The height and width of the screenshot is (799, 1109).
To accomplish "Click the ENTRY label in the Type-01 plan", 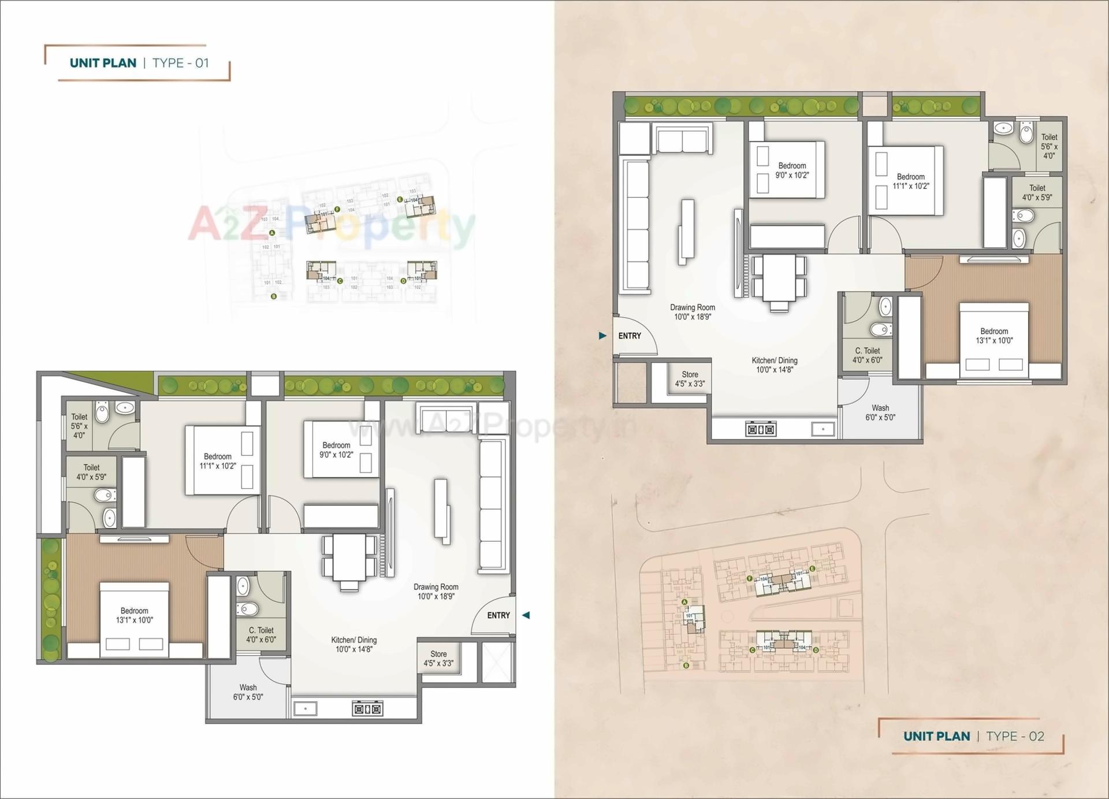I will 498,615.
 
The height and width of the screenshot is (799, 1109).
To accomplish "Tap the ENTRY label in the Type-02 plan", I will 630,336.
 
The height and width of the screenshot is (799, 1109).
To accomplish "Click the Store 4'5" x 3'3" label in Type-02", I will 690,379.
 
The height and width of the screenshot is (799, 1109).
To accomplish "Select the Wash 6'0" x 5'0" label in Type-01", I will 248,692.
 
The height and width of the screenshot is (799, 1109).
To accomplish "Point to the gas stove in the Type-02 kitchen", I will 761,429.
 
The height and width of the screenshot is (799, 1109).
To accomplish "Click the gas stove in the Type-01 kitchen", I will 367,708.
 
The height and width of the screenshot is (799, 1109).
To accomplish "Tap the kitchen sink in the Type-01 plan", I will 305,708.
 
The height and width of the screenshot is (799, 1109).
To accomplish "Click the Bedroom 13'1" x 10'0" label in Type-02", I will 994,336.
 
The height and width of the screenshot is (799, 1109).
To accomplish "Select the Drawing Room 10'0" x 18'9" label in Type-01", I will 436,591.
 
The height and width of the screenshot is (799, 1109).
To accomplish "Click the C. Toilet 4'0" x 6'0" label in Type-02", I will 868,355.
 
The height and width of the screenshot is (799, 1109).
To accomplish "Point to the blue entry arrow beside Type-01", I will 526,615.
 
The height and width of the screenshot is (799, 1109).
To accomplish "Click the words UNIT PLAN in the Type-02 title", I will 936,736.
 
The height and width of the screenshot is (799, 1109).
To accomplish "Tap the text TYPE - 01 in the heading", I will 180,63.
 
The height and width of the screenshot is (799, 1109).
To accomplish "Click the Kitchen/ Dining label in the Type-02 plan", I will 775,365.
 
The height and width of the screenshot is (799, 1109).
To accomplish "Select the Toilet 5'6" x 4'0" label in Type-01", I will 79,426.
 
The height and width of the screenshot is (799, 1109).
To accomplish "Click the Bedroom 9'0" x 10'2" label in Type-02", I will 792,170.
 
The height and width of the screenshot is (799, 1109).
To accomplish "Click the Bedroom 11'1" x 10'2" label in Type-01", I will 218,461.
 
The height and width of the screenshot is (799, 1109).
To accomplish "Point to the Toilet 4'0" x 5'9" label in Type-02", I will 1037,192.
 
